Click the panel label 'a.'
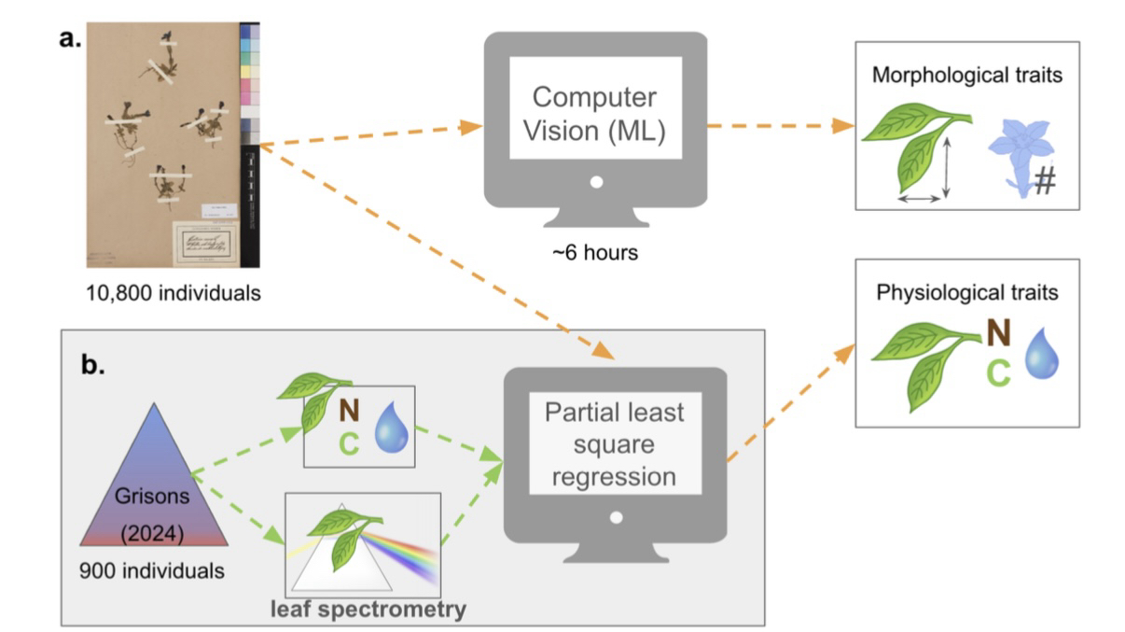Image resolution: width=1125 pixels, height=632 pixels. point(71,41)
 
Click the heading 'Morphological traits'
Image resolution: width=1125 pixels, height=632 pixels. point(966,76)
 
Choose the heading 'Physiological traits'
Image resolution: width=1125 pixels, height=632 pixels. point(966,293)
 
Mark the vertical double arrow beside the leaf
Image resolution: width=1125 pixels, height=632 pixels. point(946,167)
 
